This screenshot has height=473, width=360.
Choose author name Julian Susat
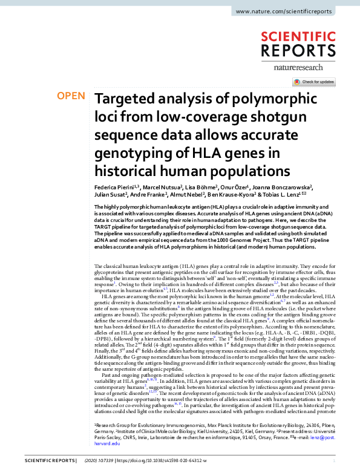(x=109, y=196)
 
